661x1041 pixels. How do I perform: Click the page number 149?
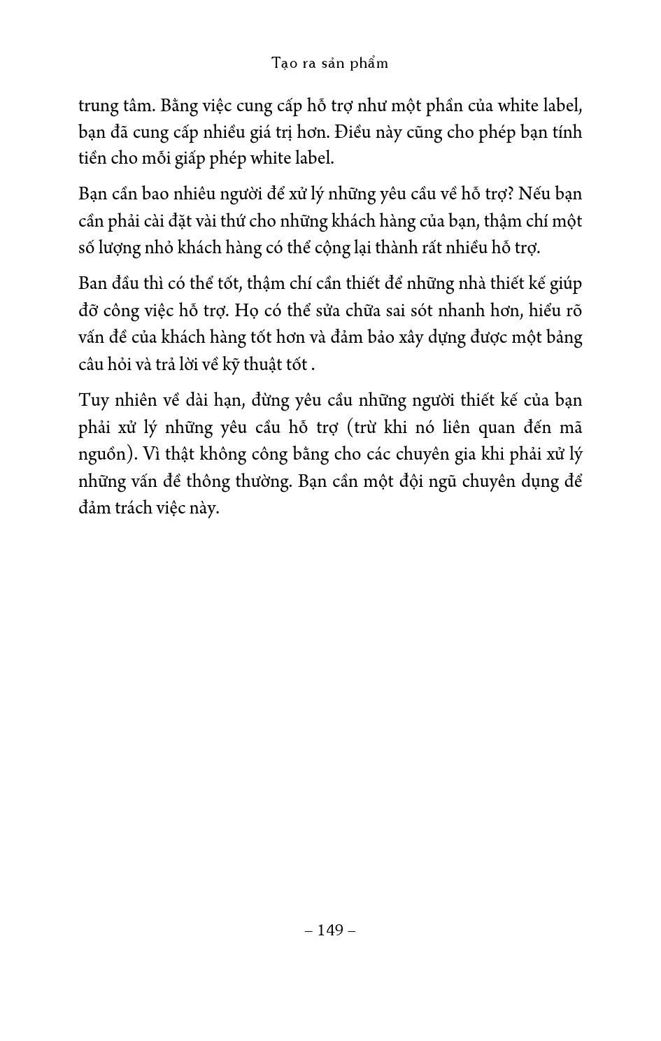[x=330, y=930]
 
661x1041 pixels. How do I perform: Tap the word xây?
[x=414, y=337]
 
